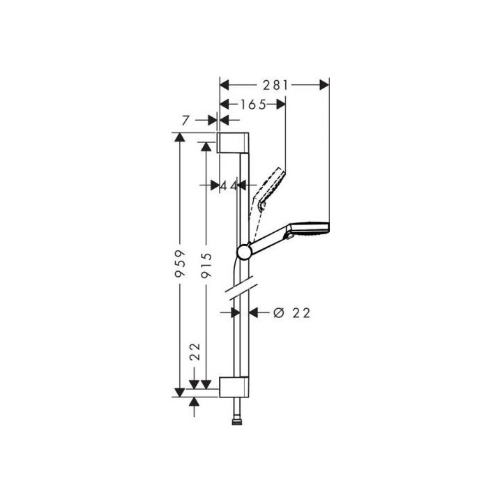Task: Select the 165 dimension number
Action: coord(253,104)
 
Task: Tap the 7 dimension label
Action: coord(186,121)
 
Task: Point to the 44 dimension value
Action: coord(229,185)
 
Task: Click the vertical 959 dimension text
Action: coord(181,263)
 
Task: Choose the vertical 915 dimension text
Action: coord(206,266)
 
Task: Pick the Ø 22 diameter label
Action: coord(292,313)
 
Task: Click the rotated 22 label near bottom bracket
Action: coord(195,352)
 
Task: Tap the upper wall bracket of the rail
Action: coord(233,142)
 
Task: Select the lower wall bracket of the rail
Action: coord(234,387)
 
